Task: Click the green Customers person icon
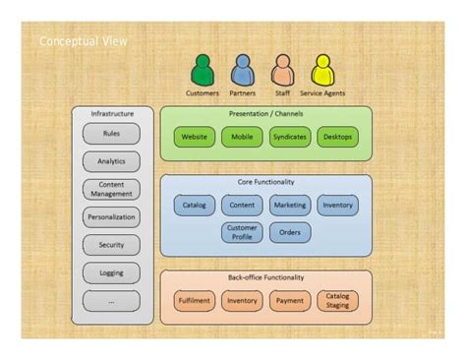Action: (203, 71)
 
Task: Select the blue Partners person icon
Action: (242, 71)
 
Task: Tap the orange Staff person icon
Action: (282, 71)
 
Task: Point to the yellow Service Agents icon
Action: (322, 71)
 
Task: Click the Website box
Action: (195, 138)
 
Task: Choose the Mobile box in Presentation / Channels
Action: (242, 138)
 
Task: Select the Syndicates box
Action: (290, 138)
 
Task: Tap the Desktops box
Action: (337, 138)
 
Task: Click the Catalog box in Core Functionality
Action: (195, 206)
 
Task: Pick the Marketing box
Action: (290, 206)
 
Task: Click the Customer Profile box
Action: (242, 233)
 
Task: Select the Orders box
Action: (290, 233)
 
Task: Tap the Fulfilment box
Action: (195, 301)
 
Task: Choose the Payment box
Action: (290, 301)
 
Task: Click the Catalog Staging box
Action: (337, 301)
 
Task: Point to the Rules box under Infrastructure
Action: (111, 134)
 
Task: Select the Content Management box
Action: (111, 189)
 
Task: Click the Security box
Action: (111, 245)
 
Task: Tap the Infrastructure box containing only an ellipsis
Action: (111, 301)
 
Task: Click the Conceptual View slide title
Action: (83, 42)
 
